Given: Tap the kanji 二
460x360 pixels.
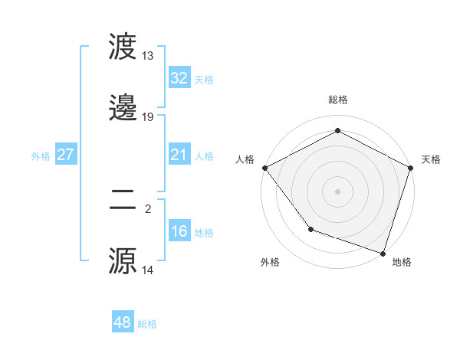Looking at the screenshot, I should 124,201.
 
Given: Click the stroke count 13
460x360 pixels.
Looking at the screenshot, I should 148,56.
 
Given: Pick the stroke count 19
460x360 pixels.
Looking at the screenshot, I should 148,117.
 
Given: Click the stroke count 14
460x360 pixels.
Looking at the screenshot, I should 148,270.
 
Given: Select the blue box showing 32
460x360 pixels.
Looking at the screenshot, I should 179,78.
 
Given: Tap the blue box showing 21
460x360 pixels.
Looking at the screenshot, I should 179,155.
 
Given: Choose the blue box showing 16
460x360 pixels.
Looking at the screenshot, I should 179,231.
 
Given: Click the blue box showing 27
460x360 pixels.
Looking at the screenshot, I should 66,155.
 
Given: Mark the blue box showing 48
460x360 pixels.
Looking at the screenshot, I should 123,322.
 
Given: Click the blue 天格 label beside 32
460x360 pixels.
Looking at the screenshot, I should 204,80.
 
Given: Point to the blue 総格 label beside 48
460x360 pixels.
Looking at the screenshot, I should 147,324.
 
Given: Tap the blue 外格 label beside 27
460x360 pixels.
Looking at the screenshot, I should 41,156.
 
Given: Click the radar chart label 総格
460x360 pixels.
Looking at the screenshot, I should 338,100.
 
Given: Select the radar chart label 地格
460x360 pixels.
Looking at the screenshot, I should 402,262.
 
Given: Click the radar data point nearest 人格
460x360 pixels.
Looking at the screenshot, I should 264,167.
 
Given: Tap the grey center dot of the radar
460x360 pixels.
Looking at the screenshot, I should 338,191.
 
